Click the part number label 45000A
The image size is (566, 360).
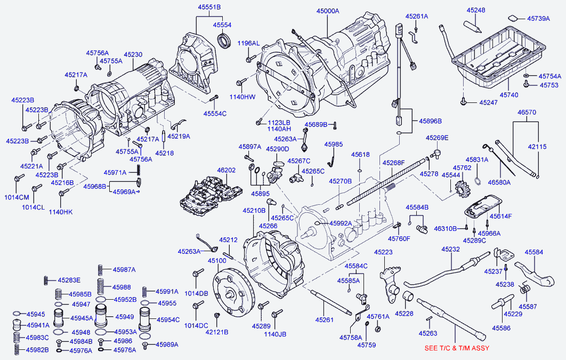click(x=328, y=11)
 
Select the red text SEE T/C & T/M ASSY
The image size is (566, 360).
click(x=457, y=348)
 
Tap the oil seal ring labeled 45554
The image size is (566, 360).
click(x=224, y=39)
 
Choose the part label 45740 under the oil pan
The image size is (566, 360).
click(x=508, y=95)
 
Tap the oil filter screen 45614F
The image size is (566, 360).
click(x=482, y=207)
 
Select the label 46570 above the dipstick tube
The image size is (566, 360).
click(x=527, y=112)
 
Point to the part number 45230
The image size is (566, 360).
click(x=133, y=54)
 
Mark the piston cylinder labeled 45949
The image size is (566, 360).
click(x=104, y=316)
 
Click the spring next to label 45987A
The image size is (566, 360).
click(x=101, y=270)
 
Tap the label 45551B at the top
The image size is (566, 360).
click(x=209, y=7)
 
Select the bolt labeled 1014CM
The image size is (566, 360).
click(x=19, y=178)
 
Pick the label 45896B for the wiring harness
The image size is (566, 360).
click(x=430, y=121)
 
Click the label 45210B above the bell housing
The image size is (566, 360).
click(x=254, y=210)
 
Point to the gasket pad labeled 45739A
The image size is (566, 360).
click(x=513, y=18)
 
